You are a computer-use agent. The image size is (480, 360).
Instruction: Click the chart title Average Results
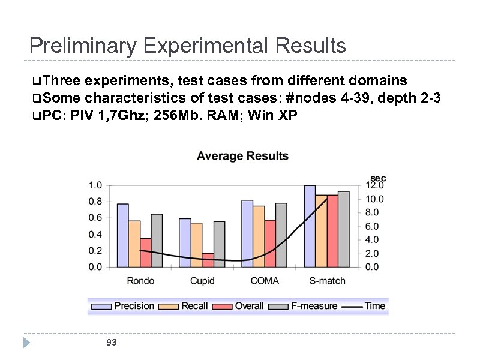coord(242,156)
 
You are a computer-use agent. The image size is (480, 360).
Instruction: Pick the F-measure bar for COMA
coord(281,235)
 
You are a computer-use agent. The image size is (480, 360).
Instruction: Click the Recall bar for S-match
coord(321,230)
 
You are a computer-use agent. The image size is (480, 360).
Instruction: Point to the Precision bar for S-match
coord(310,226)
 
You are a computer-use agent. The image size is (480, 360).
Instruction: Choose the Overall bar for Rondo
coord(145,253)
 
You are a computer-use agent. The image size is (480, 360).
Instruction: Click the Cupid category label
coord(202,281)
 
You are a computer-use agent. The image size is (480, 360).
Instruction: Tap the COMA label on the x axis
coord(265,281)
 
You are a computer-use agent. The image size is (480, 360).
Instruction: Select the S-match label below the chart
coord(327,281)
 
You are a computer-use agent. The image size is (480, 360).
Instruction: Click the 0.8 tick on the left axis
coord(95,202)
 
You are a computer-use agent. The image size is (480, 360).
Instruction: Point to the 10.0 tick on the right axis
coord(376,199)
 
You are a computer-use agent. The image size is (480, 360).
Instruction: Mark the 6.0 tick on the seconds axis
coord(373,226)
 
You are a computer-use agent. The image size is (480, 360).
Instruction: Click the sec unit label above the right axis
coord(378,178)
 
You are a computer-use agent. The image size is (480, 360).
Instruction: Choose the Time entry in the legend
coord(374,306)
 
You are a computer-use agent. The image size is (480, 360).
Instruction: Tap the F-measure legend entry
coord(314,306)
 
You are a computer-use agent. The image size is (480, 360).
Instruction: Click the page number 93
coord(111,343)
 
